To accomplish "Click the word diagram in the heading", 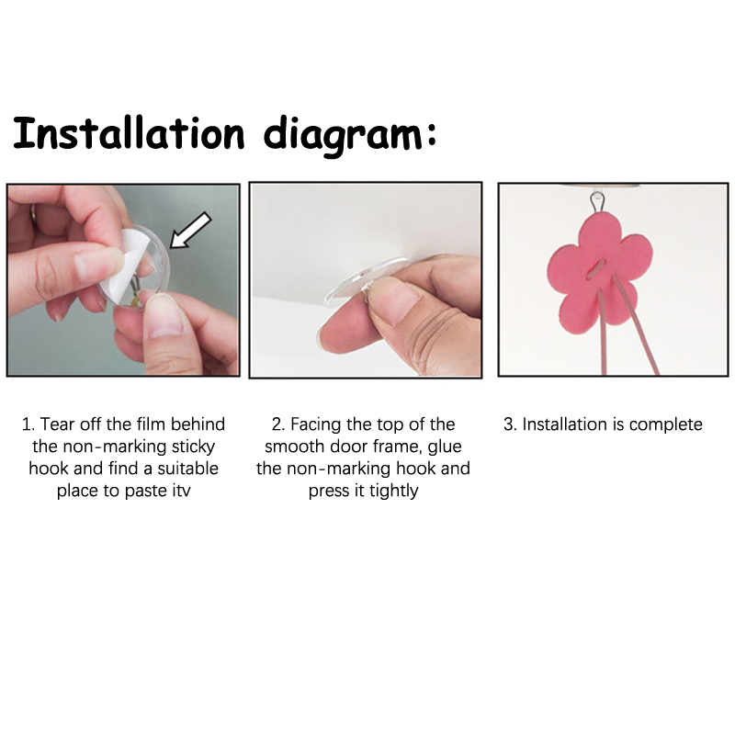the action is point(344,135).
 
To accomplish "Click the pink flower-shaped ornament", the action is point(600,277).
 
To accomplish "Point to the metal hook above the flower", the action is point(597,201).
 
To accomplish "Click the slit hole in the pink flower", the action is point(596,270).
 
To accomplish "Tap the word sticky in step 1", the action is point(193,447).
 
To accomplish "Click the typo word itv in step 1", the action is point(180,491).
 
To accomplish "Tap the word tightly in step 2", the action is point(394,492).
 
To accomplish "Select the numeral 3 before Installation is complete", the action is point(508,424).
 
